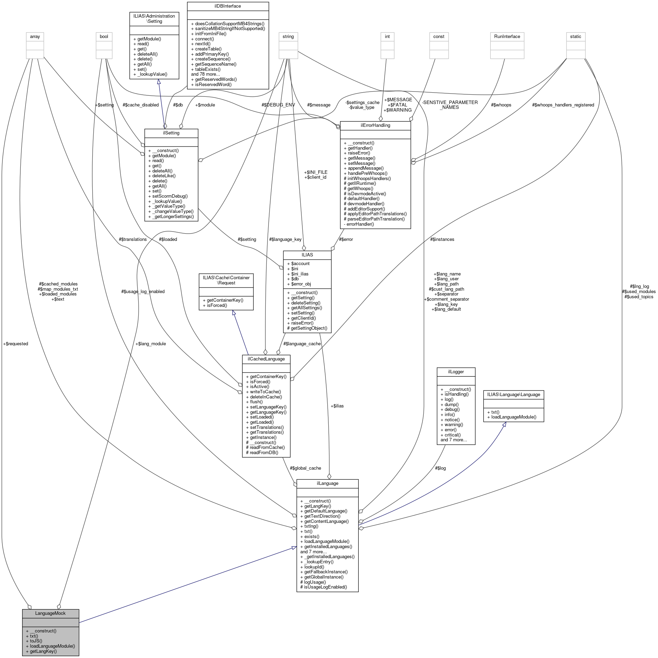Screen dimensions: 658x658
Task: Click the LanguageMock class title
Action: (50, 613)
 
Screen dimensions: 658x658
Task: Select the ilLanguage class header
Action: (327, 483)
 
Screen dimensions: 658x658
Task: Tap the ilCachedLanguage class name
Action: (266, 359)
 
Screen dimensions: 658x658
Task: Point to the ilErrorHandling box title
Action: (375, 125)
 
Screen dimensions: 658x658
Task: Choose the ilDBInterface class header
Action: (228, 6)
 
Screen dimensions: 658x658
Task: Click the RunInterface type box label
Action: (507, 36)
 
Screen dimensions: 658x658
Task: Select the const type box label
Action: (439, 36)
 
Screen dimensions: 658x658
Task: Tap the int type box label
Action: (387, 36)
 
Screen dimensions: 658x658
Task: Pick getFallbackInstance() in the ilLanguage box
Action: (326, 572)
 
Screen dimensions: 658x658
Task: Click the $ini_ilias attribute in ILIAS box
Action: (300, 274)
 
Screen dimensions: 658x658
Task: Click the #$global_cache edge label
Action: (305, 468)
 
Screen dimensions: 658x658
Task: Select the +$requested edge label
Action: (16, 344)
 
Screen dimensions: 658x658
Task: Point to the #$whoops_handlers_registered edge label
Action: (563, 105)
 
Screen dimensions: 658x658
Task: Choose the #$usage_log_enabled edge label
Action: (143, 291)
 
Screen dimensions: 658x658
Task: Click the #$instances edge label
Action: (442, 239)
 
